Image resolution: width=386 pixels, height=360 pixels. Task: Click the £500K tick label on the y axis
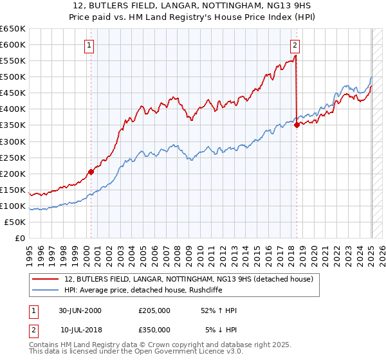pos(13,77)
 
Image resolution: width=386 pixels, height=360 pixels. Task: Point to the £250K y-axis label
pos(13,157)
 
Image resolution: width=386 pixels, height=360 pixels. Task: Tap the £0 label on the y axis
pos(20,239)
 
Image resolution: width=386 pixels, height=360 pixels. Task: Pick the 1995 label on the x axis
pos(30,251)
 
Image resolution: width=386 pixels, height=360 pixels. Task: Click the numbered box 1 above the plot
pos(89,45)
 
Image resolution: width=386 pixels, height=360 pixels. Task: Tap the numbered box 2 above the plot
pos(295,45)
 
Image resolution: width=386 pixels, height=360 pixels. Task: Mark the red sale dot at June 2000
pos(91,172)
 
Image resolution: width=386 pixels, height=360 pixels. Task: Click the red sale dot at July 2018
pos(297,125)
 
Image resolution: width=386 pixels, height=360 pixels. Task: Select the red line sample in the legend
pos(45,279)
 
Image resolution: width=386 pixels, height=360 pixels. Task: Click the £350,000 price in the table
pos(154,329)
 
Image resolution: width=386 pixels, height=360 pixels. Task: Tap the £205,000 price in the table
pos(154,310)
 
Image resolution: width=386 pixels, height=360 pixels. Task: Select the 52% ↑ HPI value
pos(218,310)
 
